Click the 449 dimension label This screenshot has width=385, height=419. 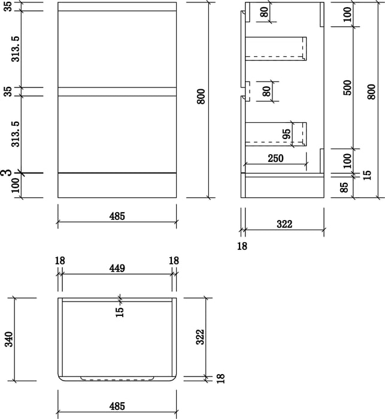pyautogui.click(x=117, y=269)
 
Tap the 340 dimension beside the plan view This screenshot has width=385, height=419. pyautogui.click(x=10, y=339)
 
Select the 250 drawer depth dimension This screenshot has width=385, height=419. pyautogui.click(x=275, y=158)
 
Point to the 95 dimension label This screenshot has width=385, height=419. pyautogui.click(x=286, y=134)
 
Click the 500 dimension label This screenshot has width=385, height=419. pyautogui.click(x=348, y=88)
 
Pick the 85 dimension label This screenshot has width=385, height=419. pyautogui.click(x=345, y=187)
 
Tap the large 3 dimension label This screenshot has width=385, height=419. pyautogui.click(x=9, y=173)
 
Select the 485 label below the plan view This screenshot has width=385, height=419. pyautogui.click(x=117, y=406)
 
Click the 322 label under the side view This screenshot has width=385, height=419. pyautogui.click(x=284, y=224)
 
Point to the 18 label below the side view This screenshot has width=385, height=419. pyautogui.click(x=242, y=246)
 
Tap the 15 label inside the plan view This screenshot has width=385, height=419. pyautogui.click(x=120, y=312)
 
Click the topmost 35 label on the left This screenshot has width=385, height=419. pyautogui.click(x=9, y=6)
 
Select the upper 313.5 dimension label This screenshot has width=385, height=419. pyautogui.click(x=16, y=49)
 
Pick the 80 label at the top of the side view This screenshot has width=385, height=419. pyautogui.click(x=264, y=12)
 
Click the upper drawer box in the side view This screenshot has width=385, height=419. pyautogui.click(x=275, y=49)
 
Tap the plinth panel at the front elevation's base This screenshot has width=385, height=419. pyautogui.click(x=117, y=186)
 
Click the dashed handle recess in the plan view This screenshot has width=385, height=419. pyautogui.click(x=117, y=378)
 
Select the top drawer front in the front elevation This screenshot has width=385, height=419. pyautogui.click(x=117, y=49)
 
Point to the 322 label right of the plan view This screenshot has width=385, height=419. pyautogui.click(x=200, y=337)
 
